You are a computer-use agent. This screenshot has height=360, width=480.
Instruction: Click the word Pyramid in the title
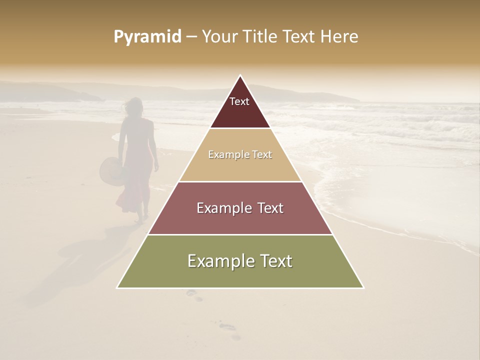tap(147, 37)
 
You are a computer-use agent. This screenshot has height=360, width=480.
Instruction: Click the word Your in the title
tap(219, 37)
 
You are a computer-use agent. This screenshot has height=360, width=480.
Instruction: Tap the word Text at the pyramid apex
tap(239, 101)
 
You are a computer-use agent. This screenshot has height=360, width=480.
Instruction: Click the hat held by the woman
tap(110, 171)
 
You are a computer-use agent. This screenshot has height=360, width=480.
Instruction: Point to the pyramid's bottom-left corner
tap(117, 287)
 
